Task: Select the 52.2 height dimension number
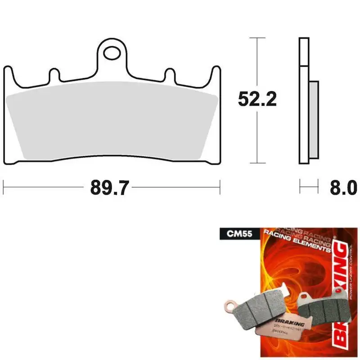257,100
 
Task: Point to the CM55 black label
232,234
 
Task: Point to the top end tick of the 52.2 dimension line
257,38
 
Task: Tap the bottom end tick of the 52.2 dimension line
257,163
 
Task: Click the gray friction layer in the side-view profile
314,119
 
